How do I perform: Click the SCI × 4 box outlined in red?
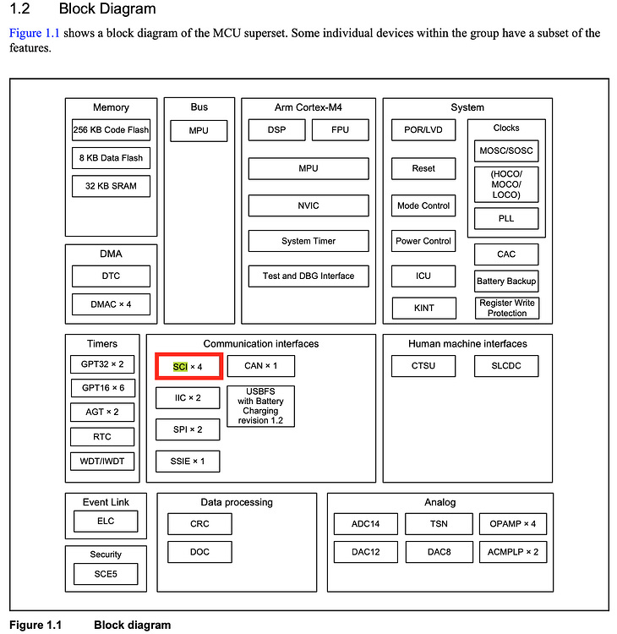tap(188, 366)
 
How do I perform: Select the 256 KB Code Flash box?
tap(111, 130)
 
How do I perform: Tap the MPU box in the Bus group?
tap(199, 130)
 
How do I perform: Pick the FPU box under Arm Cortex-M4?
tap(341, 130)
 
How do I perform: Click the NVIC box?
tap(308, 205)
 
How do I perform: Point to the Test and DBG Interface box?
tap(308, 276)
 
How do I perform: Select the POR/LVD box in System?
tap(423, 130)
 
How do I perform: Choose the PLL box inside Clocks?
tap(506, 219)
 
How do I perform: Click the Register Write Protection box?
tap(506, 308)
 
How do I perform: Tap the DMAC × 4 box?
tap(111, 303)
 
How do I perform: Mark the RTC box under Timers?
tap(101, 437)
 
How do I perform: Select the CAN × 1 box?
tap(260, 366)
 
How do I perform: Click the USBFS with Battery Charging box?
tap(260, 407)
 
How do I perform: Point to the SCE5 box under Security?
tap(106, 575)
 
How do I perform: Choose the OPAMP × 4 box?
tap(512, 524)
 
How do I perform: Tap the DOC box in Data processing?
tap(199, 552)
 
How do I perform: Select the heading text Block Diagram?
tap(106, 9)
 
